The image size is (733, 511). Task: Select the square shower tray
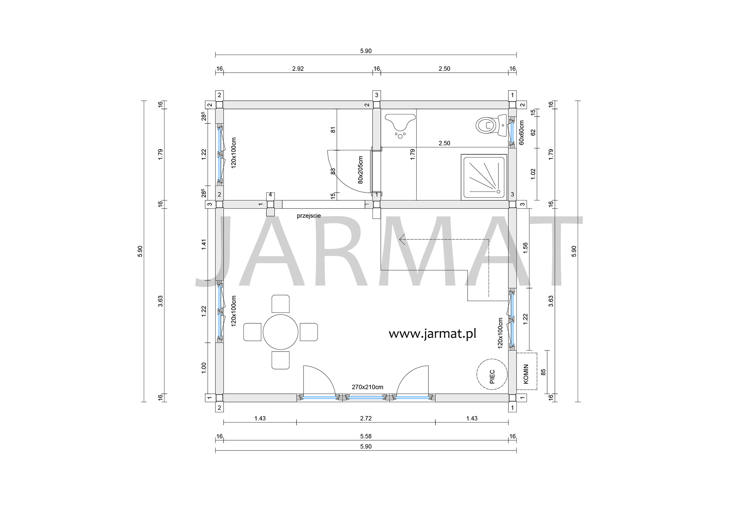pyautogui.click(x=484, y=177)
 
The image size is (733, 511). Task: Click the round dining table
pyautogui.click(x=280, y=332)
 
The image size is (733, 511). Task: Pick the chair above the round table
pyautogui.click(x=280, y=304)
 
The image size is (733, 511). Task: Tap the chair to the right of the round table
pyautogui.click(x=309, y=332)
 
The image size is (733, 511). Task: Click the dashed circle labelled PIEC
pyautogui.click(x=492, y=374)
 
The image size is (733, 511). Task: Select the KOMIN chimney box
pyautogui.click(x=527, y=371)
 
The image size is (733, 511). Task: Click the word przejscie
pyautogui.click(x=309, y=216)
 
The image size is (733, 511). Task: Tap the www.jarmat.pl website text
pyautogui.click(x=432, y=334)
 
